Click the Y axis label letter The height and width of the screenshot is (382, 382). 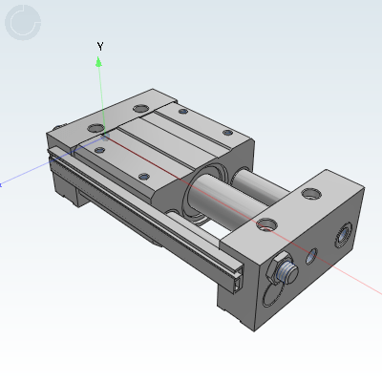coord(100,46)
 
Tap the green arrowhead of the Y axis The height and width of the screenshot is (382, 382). coord(99,61)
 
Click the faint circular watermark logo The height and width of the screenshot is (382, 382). coord(23,23)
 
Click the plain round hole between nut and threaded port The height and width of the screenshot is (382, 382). coord(310,255)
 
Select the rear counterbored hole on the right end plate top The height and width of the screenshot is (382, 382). coord(311,194)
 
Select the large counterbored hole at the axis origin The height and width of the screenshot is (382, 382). coord(99,145)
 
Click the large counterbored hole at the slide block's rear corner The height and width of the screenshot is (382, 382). coord(142,108)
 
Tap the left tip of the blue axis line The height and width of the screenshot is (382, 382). coord(2,184)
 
